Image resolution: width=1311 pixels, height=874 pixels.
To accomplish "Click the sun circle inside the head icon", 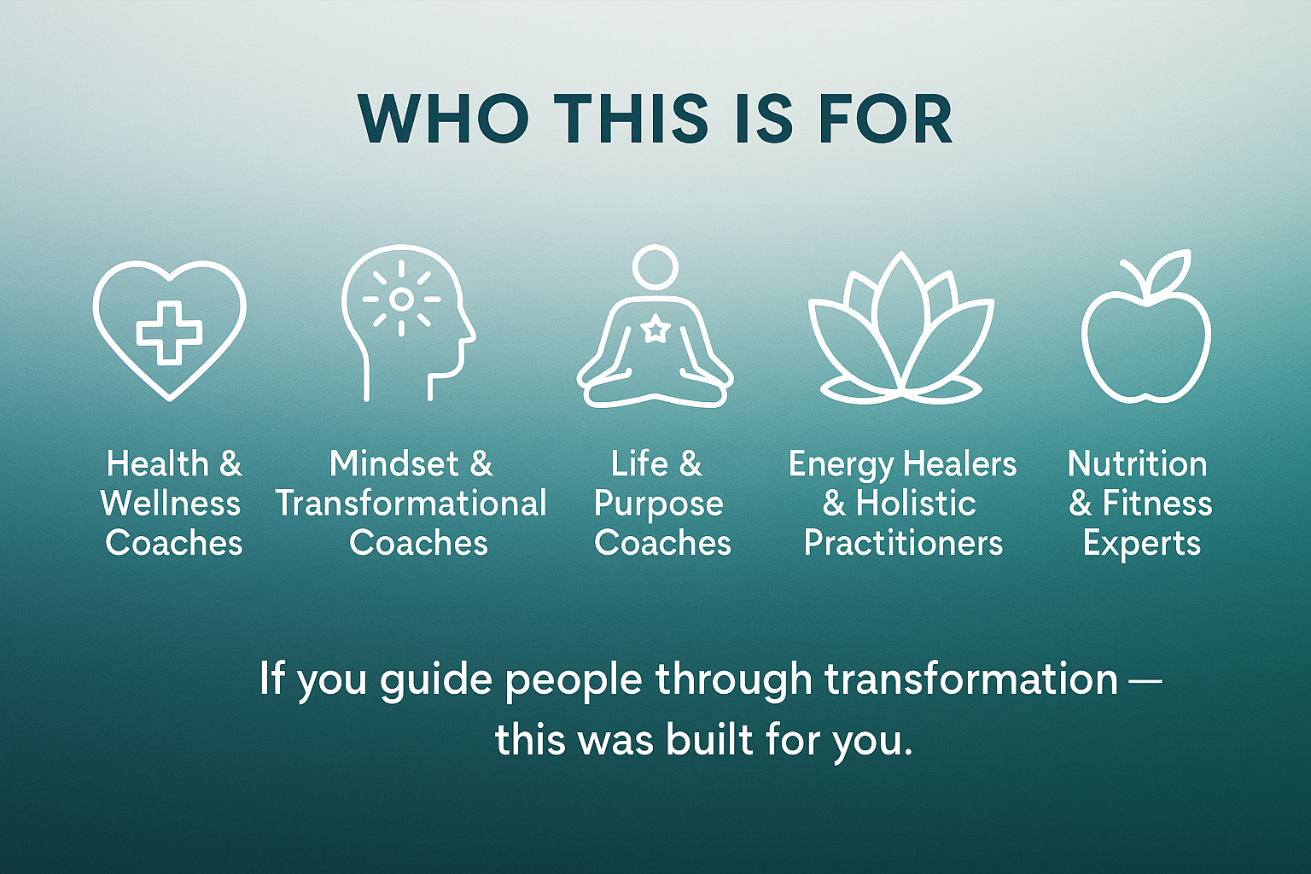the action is tap(401, 299).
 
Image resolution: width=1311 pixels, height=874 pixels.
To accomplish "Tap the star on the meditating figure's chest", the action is tap(655, 330).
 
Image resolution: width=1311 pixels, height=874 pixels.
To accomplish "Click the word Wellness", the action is tap(171, 504).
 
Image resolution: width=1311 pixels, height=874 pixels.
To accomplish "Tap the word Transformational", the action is tap(411, 504).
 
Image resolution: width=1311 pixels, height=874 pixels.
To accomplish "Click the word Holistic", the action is tap(916, 504).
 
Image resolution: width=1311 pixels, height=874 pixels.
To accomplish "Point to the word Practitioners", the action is tap(903, 543).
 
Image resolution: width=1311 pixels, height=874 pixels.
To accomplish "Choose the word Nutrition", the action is tap(1137, 464).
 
